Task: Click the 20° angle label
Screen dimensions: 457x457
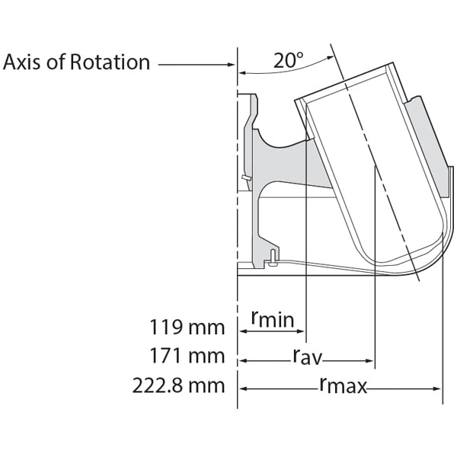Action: [x=289, y=61]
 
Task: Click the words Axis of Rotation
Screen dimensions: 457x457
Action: [x=76, y=62]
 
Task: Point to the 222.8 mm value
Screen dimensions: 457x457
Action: [x=179, y=385]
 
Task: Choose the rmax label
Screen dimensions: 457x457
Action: [x=343, y=386]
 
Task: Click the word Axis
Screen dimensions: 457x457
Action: [x=23, y=62]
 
